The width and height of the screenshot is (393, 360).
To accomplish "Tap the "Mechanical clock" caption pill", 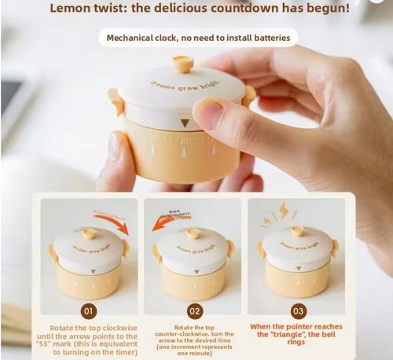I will (x=197, y=38).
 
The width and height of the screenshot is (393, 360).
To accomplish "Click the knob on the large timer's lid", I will (x=182, y=64).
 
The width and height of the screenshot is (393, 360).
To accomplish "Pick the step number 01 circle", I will (x=89, y=310).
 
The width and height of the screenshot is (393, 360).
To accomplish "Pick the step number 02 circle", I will (x=194, y=310).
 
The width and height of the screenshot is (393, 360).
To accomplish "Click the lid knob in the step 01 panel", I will (x=89, y=233).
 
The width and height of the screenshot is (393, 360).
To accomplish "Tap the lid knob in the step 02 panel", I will (x=193, y=233).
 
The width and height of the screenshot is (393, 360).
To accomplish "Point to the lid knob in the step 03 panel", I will (x=297, y=231).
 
